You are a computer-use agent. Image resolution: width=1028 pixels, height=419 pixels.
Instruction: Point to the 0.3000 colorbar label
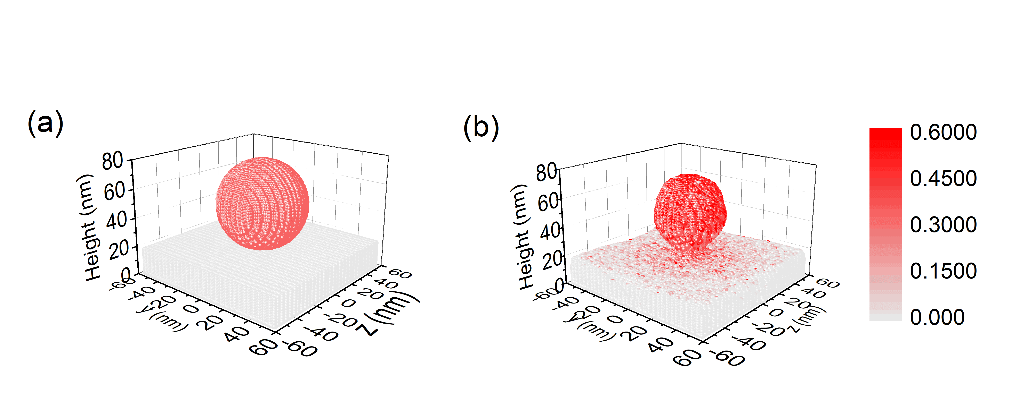pyautogui.click(x=943, y=225)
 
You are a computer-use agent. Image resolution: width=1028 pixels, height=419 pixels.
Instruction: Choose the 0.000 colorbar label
pyautogui.click(x=937, y=317)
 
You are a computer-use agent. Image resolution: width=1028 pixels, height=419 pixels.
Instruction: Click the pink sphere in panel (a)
pyautogui.click(x=262, y=203)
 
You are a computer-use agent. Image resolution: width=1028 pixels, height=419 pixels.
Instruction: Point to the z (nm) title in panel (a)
pyautogui.click(x=389, y=315)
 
